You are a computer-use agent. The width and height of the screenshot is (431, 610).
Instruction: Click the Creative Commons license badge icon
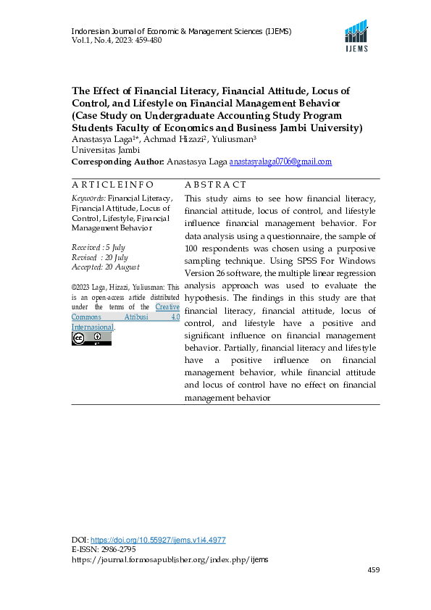point(81,338)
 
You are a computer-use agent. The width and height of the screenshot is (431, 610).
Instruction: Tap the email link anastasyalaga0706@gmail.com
point(280,162)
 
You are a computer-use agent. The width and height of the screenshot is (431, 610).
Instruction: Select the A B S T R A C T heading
point(216,185)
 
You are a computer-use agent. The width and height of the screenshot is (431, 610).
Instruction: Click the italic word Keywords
point(88,198)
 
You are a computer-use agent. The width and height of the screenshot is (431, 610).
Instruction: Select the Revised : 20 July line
point(99,257)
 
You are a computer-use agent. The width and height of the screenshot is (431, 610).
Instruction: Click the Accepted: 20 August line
point(104,267)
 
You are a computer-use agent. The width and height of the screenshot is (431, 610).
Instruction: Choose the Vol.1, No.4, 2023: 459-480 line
point(116,40)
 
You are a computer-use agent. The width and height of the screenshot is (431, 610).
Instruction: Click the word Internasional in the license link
point(92,327)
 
